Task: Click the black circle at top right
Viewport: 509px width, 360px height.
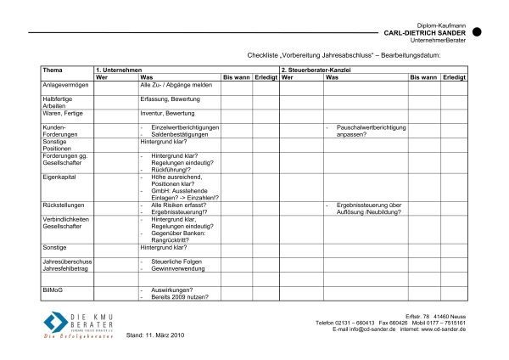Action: [x=477, y=31]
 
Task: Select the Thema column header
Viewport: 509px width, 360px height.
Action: [x=53, y=69]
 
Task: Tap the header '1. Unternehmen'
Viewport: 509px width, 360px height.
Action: [x=120, y=69]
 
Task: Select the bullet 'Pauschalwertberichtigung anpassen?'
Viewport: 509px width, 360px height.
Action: [x=372, y=130]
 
